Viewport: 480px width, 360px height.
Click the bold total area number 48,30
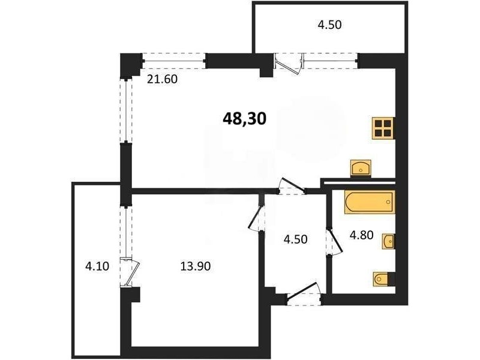245,118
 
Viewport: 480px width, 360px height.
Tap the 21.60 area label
162,79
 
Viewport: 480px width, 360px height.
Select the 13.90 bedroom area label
196,266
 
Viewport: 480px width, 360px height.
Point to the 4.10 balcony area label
97,266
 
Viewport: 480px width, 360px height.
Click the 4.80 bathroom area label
362,235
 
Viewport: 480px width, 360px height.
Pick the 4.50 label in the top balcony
329,25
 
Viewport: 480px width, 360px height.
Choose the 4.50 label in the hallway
295,239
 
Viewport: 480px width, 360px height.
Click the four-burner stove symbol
383,128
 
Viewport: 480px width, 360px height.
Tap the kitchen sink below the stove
361,168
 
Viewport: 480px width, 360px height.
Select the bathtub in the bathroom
370,202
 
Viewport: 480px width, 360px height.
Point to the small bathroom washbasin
388,241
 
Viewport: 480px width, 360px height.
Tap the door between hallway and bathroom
334,242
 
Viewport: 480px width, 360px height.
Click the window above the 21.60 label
174,61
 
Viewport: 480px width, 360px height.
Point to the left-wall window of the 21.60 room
125,111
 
